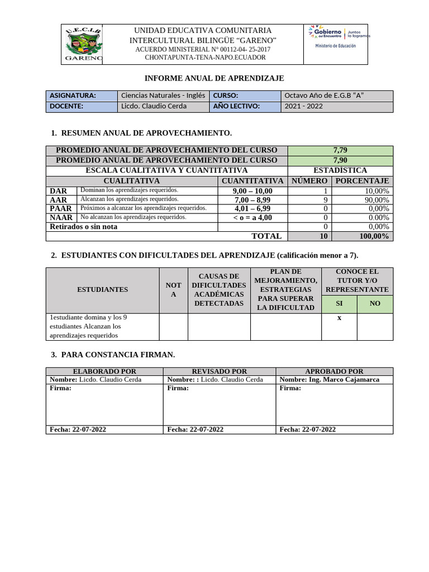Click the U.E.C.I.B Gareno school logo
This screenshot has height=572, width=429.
point(83,44)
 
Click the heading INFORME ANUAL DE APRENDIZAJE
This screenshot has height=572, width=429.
point(214,78)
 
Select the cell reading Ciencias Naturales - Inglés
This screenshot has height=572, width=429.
point(164,96)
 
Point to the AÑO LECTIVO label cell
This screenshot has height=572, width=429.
point(245,106)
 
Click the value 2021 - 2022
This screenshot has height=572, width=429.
point(337,106)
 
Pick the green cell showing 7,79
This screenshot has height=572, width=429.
point(340,150)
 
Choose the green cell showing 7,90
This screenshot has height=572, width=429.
point(340,160)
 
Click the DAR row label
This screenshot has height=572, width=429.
point(58,191)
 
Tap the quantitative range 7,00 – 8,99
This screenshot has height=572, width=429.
point(252,200)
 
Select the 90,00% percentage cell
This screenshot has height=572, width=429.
point(362,200)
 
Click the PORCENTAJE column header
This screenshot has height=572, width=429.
point(362,181)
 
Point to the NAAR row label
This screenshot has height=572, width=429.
point(61,218)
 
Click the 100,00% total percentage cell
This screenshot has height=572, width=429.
point(362,236)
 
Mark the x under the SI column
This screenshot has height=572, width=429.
point(339,318)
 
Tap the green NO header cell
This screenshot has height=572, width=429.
point(375,303)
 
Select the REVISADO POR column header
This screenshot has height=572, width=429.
point(219,371)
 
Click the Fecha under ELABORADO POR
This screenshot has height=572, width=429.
point(78,430)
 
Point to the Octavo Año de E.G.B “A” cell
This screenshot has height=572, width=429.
point(337,96)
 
